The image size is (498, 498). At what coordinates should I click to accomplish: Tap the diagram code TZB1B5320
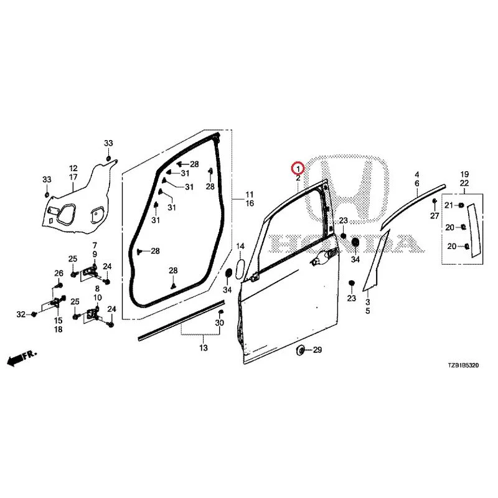point(463,365)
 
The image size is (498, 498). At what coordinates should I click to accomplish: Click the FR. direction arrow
point(22,359)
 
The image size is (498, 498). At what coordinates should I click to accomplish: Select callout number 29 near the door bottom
point(317,350)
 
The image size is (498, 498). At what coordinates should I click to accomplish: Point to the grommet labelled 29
point(299,350)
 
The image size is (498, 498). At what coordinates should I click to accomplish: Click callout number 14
point(240,246)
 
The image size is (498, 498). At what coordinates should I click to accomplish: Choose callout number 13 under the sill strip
point(204,348)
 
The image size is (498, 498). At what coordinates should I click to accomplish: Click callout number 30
point(219,322)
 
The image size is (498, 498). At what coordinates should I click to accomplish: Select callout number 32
point(21,314)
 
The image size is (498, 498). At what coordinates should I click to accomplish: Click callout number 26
point(59,273)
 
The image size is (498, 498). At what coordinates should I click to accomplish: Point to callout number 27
point(435,216)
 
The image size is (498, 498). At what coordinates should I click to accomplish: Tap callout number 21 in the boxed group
point(448,205)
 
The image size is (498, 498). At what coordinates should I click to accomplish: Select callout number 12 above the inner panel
point(73,168)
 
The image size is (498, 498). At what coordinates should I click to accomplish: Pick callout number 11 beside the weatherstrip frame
point(250,194)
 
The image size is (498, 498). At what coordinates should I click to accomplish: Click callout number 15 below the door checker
point(58,321)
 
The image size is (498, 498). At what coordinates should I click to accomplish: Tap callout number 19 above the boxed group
point(464,174)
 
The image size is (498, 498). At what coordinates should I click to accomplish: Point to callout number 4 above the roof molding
point(417,174)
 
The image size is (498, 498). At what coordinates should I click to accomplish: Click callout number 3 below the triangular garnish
point(368,302)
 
